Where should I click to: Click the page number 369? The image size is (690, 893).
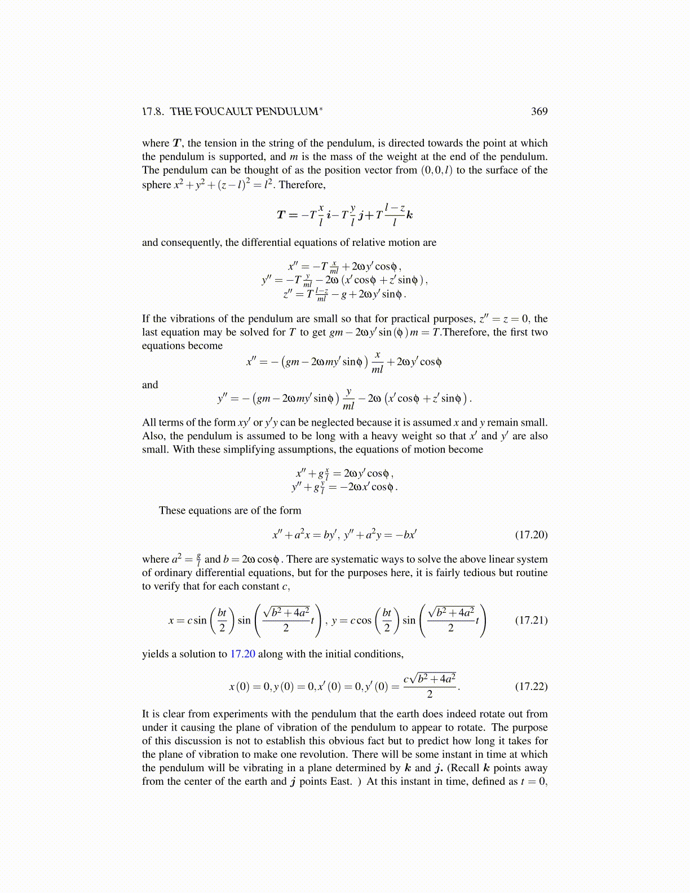click(539, 112)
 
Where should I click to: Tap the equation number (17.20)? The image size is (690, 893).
click(531, 534)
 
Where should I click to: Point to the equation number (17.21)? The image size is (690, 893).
click(531, 620)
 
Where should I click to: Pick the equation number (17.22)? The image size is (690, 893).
click(531, 686)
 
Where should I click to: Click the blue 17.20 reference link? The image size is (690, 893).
click(242, 654)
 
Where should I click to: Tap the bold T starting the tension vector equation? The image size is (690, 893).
click(281, 215)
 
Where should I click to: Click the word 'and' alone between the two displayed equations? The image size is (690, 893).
click(150, 385)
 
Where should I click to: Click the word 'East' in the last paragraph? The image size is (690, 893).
click(340, 781)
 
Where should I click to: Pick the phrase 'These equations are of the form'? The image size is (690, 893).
click(230, 510)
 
